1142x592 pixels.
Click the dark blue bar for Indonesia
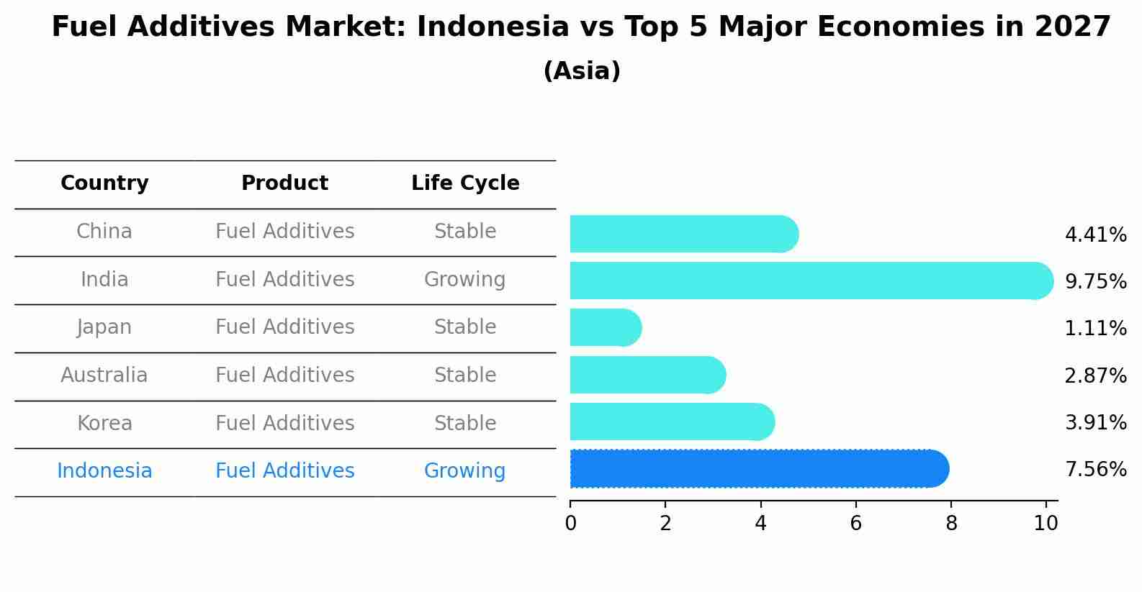(760, 469)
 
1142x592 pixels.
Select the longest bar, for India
(811, 281)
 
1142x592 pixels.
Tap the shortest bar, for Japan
(606, 327)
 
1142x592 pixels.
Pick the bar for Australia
(648, 375)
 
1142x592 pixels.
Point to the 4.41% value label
(1096, 235)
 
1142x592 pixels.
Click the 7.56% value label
(1096, 469)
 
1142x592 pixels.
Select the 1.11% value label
(1096, 328)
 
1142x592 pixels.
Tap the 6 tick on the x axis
(855, 523)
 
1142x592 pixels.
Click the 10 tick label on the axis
(1046, 523)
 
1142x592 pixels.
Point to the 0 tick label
(570, 523)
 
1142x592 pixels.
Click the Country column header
(104, 183)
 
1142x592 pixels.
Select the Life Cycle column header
(465, 183)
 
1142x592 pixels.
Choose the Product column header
(284, 183)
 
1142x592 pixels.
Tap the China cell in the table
(104, 232)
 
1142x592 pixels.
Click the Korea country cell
(104, 423)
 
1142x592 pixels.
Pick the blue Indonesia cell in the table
(104, 470)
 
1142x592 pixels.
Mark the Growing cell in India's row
(465, 280)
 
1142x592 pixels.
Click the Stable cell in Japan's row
(465, 327)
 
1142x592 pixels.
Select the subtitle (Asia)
(583, 70)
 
